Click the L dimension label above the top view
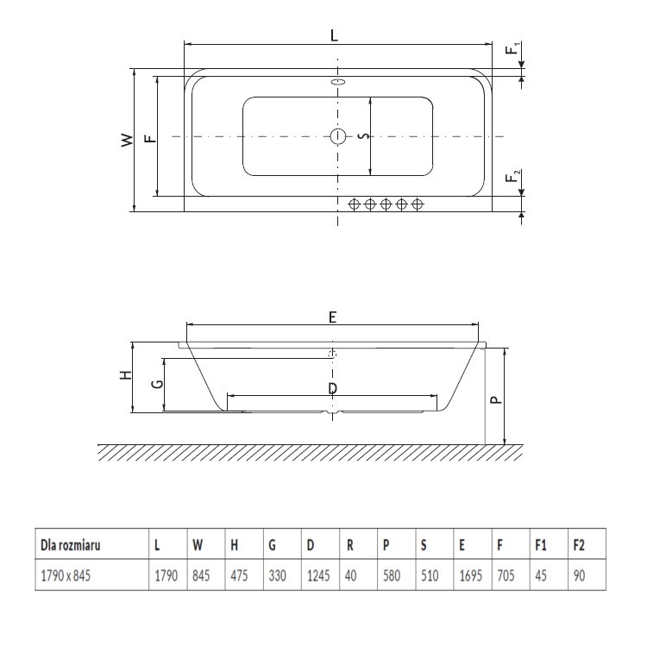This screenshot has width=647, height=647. pyautogui.click(x=335, y=35)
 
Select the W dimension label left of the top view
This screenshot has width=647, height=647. pyautogui.click(x=127, y=139)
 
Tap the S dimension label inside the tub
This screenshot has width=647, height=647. pyautogui.click(x=363, y=136)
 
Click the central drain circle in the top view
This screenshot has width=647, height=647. pyautogui.click(x=338, y=136)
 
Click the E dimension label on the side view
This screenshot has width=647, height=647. pyautogui.click(x=333, y=317)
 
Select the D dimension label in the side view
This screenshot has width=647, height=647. pyautogui.click(x=333, y=389)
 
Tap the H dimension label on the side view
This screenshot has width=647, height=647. pyautogui.click(x=125, y=376)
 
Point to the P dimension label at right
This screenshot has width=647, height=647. pyautogui.click(x=494, y=399)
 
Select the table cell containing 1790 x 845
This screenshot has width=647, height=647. pyautogui.click(x=62, y=575)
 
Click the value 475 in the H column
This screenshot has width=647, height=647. pyautogui.click(x=238, y=575)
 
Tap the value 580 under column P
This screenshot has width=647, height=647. pyautogui.click(x=391, y=575)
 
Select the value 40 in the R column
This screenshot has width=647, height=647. pyautogui.click(x=350, y=575)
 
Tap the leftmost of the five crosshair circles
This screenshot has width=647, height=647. pyautogui.click(x=354, y=204)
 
